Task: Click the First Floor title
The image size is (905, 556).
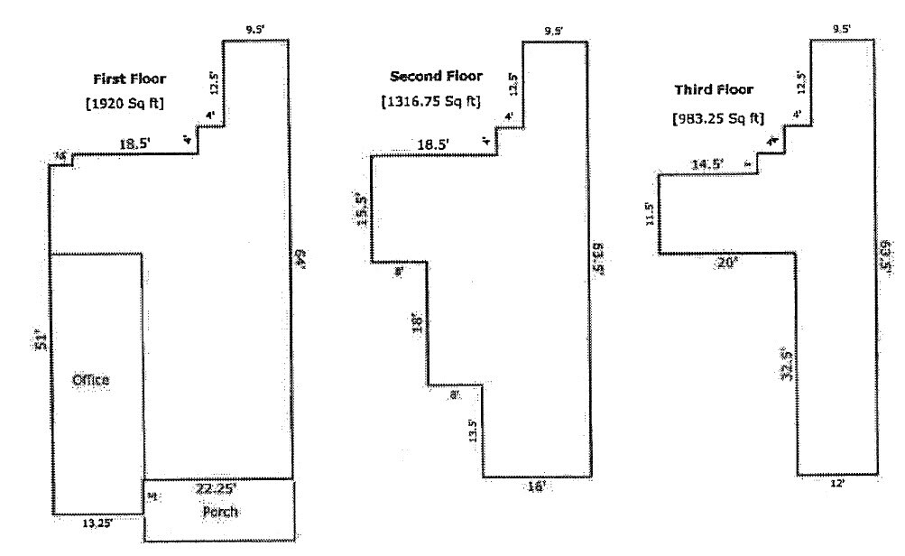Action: pos(130,79)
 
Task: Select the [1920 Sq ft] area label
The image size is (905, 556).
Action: pos(124,102)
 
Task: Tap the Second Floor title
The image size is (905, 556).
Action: pos(436,76)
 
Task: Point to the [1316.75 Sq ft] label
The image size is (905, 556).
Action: pos(431,100)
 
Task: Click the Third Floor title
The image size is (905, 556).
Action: pos(713,90)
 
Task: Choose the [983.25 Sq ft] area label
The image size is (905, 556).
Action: pos(717,118)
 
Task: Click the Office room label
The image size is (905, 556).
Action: pos(90,380)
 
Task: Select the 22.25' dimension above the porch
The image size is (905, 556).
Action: pos(217,488)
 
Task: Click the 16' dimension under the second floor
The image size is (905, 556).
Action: pos(536,486)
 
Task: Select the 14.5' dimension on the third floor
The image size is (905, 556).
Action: pos(706,164)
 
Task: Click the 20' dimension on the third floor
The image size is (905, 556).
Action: pos(726,263)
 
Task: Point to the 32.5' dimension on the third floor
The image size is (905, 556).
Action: pos(787,365)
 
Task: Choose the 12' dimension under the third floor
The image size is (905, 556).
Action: pos(837,484)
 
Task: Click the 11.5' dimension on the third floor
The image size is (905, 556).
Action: pos(651,216)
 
